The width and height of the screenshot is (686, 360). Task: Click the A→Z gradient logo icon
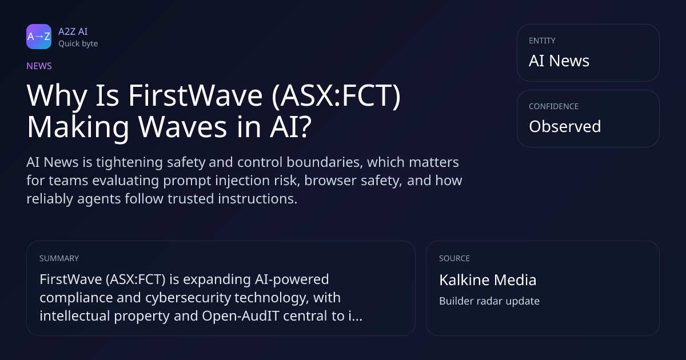click(39, 37)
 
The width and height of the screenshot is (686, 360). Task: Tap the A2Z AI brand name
click(73, 31)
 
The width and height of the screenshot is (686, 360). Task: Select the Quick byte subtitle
click(78, 44)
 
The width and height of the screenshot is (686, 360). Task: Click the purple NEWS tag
click(39, 66)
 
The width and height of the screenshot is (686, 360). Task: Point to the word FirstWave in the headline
click(196, 95)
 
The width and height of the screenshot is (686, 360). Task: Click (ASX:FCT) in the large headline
click(336, 96)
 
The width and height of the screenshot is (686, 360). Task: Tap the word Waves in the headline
click(182, 127)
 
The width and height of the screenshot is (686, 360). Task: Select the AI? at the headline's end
click(290, 127)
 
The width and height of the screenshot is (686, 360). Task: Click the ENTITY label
click(542, 41)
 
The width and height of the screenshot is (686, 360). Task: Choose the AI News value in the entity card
click(559, 61)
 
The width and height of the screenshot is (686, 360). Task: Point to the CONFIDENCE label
click(554, 106)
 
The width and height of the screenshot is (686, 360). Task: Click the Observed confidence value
click(565, 126)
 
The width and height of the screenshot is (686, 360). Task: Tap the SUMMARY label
click(59, 258)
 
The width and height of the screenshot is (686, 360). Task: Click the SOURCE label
click(454, 258)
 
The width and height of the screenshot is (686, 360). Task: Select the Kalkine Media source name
click(488, 280)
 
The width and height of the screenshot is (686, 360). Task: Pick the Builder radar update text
click(489, 301)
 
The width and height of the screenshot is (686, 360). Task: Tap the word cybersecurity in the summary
click(188, 298)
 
